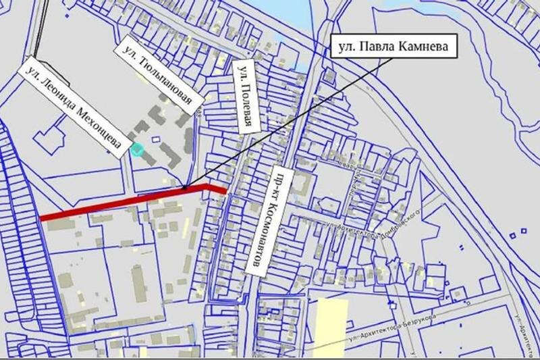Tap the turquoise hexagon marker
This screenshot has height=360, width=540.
click(x=138, y=149)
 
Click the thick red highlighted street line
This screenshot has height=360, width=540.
click(x=122, y=203)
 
